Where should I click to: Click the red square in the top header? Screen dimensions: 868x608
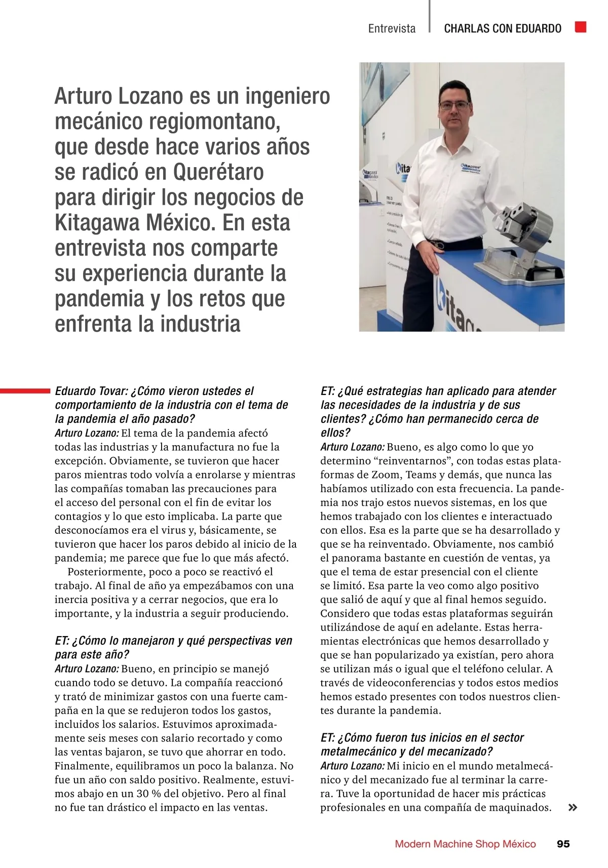pos(581,27)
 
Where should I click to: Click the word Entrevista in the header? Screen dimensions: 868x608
pos(392,28)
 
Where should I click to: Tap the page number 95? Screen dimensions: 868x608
pos(563,844)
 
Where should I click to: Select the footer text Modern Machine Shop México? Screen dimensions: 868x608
pos(465,844)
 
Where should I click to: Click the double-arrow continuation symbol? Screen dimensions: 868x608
pos(573,807)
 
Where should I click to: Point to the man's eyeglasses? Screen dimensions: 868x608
pos(455,105)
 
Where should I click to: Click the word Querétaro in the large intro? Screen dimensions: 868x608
pos(218,172)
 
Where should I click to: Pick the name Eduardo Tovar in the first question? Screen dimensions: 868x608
pos(91,391)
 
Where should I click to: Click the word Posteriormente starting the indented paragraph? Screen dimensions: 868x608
pos(104,572)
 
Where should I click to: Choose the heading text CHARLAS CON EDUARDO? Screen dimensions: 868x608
pos(502,28)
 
